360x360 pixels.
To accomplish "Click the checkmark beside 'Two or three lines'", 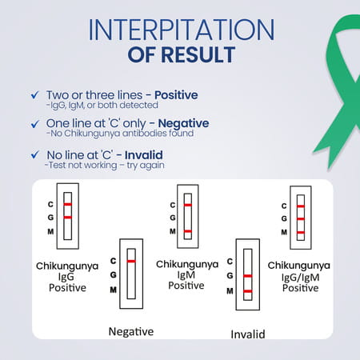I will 32,95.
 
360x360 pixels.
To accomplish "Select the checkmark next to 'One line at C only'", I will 32,124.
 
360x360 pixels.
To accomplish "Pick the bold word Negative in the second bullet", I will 183,124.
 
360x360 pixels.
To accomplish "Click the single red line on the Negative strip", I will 131,261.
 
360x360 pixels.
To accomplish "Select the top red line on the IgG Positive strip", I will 68,204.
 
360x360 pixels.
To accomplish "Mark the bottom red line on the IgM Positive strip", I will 187,231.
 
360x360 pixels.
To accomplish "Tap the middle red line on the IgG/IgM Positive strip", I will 300,218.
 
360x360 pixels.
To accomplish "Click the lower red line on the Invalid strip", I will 248,290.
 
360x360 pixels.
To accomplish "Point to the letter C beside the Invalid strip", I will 230,261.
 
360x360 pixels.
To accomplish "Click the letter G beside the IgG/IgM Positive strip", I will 282,218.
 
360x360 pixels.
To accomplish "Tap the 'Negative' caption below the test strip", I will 130,330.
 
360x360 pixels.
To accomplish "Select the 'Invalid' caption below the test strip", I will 247,334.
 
